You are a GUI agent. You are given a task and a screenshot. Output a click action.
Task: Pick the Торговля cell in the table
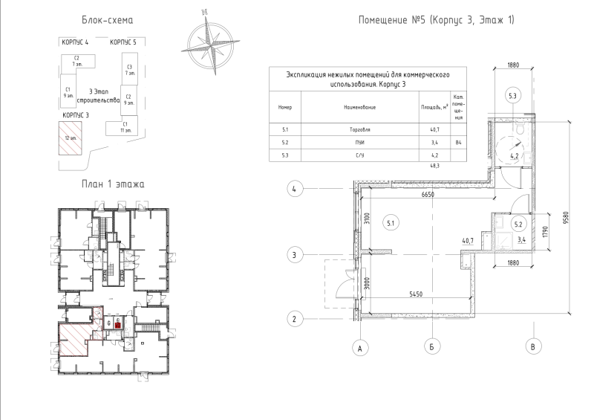click(359, 130)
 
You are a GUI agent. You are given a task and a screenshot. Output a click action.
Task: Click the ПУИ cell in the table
click(359, 142)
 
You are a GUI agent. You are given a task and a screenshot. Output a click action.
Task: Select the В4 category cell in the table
click(458, 142)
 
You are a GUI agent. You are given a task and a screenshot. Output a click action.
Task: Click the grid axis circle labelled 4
click(295, 190)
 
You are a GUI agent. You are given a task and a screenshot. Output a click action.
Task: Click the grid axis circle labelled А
click(361, 346)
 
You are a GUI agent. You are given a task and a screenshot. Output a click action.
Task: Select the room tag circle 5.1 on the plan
click(391, 222)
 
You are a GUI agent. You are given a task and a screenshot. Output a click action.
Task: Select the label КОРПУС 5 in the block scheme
click(123, 43)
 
